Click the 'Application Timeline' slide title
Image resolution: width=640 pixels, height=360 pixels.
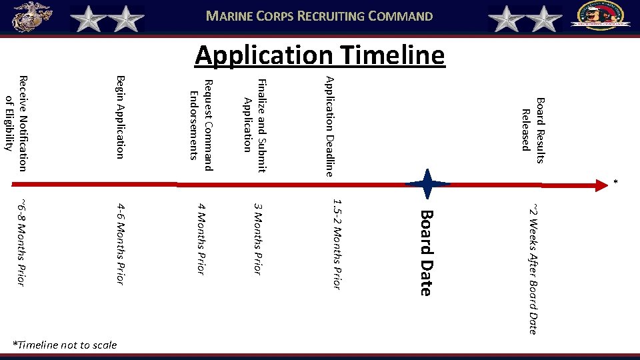pyautogui.click(x=319, y=55)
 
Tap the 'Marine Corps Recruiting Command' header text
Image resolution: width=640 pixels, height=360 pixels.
pyautogui.click(x=319, y=16)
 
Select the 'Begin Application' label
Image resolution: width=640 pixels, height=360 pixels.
pyautogui.click(x=120, y=118)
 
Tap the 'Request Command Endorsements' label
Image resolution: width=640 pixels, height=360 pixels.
pyautogui.click(x=201, y=120)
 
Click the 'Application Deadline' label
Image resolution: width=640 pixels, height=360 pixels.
pyautogui.click(x=328, y=126)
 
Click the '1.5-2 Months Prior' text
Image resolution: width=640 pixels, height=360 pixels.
pyautogui.click(x=337, y=244)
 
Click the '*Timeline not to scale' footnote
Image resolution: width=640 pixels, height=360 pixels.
pyautogui.click(x=65, y=345)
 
